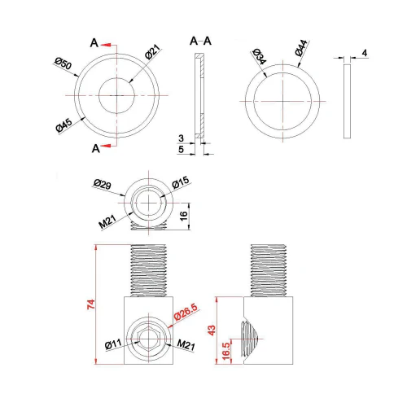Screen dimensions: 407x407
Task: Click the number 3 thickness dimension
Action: [x=181, y=139]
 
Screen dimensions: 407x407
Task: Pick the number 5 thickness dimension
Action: [x=181, y=150]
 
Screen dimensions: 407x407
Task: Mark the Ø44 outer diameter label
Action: [x=300, y=48]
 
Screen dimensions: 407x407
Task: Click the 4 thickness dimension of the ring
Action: [x=364, y=53]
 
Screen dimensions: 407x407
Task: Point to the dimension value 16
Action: [x=185, y=215]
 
